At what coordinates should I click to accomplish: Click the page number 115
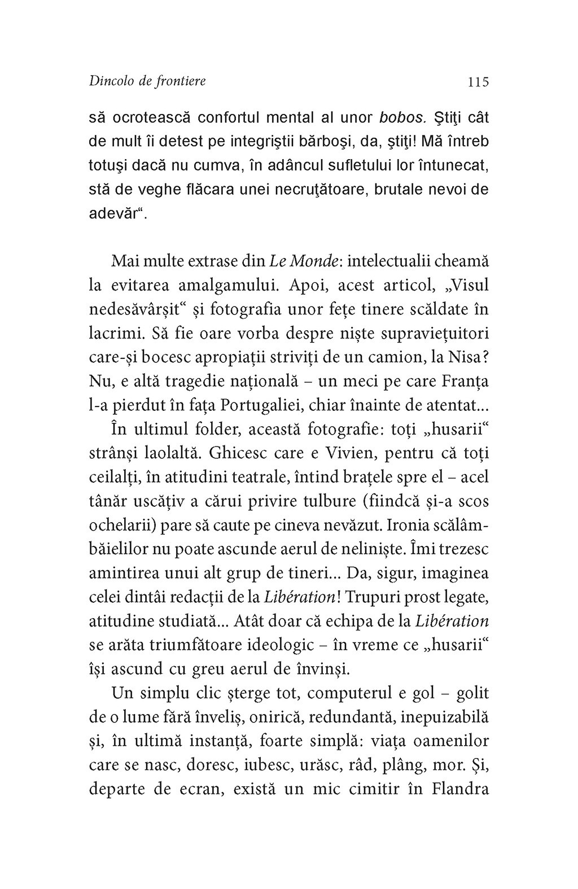(478, 82)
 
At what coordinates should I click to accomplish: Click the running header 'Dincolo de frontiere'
(147, 81)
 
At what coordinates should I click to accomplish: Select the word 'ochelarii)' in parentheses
(122, 525)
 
